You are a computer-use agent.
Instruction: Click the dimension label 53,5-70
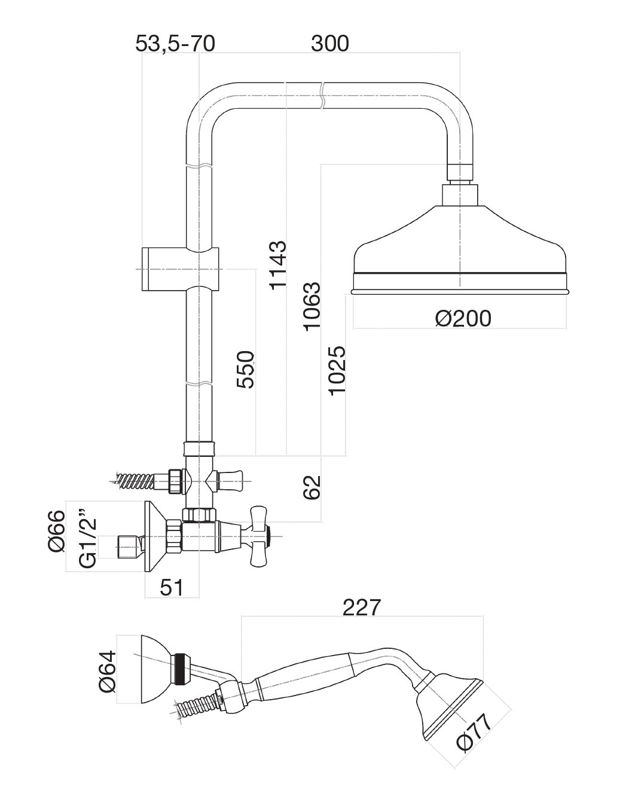[x=175, y=44]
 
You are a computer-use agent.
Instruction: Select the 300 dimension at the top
[x=329, y=44]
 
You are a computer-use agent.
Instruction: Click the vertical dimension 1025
[x=337, y=370]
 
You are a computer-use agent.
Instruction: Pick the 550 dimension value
[x=246, y=369]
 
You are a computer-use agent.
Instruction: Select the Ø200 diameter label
[x=463, y=318]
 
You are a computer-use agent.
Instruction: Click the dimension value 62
[x=313, y=487]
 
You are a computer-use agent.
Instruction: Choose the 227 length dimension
[x=362, y=607]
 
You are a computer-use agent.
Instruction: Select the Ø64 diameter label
[x=107, y=671]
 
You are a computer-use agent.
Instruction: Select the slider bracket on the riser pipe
[x=179, y=269]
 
